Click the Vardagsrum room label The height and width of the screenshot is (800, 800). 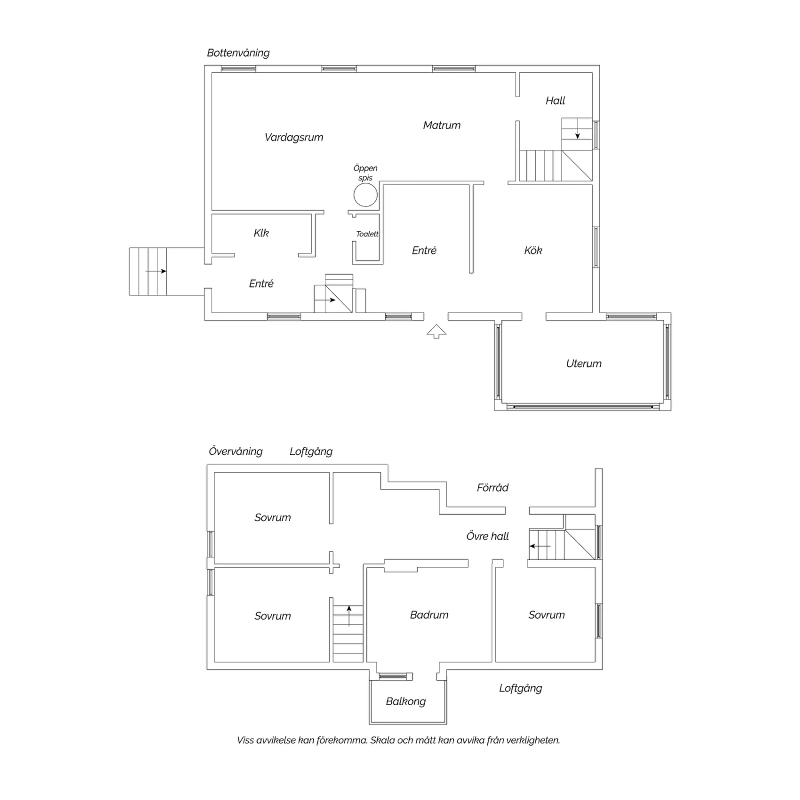(x=294, y=138)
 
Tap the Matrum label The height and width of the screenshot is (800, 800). (x=442, y=125)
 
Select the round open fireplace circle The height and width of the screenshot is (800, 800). (x=366, y=195)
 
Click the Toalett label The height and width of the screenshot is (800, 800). (x=367, y=234)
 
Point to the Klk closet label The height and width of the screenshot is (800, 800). (x=261, y=233)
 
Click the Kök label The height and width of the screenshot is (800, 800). (x=533, y=250)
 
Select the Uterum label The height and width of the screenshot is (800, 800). (x=584, y=364)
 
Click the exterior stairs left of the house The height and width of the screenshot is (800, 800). (x=148, y=271)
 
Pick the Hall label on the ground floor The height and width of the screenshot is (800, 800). (x=555, y=101)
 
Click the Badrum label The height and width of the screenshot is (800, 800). (x=429, y=615)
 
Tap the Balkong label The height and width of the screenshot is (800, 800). (x=406, y=702)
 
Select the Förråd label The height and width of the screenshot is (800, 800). (x=493, y=487)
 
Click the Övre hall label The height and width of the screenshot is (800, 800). (x=488, y=537)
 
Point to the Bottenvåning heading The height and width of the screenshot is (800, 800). (x=238, y=53)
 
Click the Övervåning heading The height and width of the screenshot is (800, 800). (x=236, y=452)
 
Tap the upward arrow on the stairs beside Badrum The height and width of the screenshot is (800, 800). (x=349, y=615)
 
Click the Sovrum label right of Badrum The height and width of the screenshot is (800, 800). (x=547, y=615)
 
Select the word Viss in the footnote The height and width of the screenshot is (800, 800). (x=245, y=740)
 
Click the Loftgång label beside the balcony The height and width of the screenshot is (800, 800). (x=521, y=689)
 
